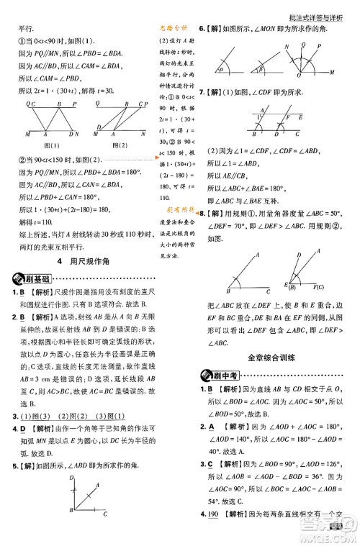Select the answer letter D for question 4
(24, 429)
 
